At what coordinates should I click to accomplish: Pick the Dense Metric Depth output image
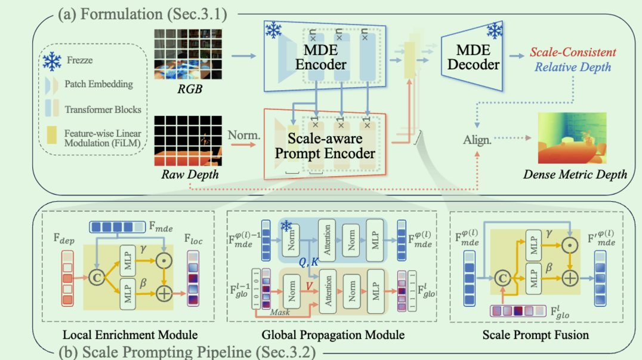[572, 139]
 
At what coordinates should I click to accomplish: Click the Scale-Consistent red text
[573, 53]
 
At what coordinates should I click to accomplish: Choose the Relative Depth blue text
[573, 66]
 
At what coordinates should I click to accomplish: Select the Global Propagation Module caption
[332, 334]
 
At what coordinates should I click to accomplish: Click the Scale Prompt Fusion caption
[535, 334]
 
